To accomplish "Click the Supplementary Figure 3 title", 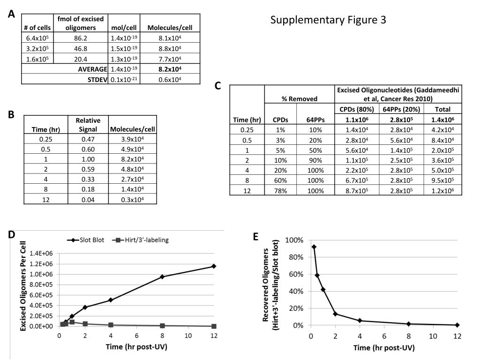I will tap(328, 20).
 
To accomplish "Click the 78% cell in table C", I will tap(280, 190).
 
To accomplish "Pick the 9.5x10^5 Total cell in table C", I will tap(443, 180).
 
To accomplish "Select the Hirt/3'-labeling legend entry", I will tap(141, 240).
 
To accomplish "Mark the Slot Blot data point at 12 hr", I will tap(214, 266).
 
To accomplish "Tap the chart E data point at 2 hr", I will tap(335, 314).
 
